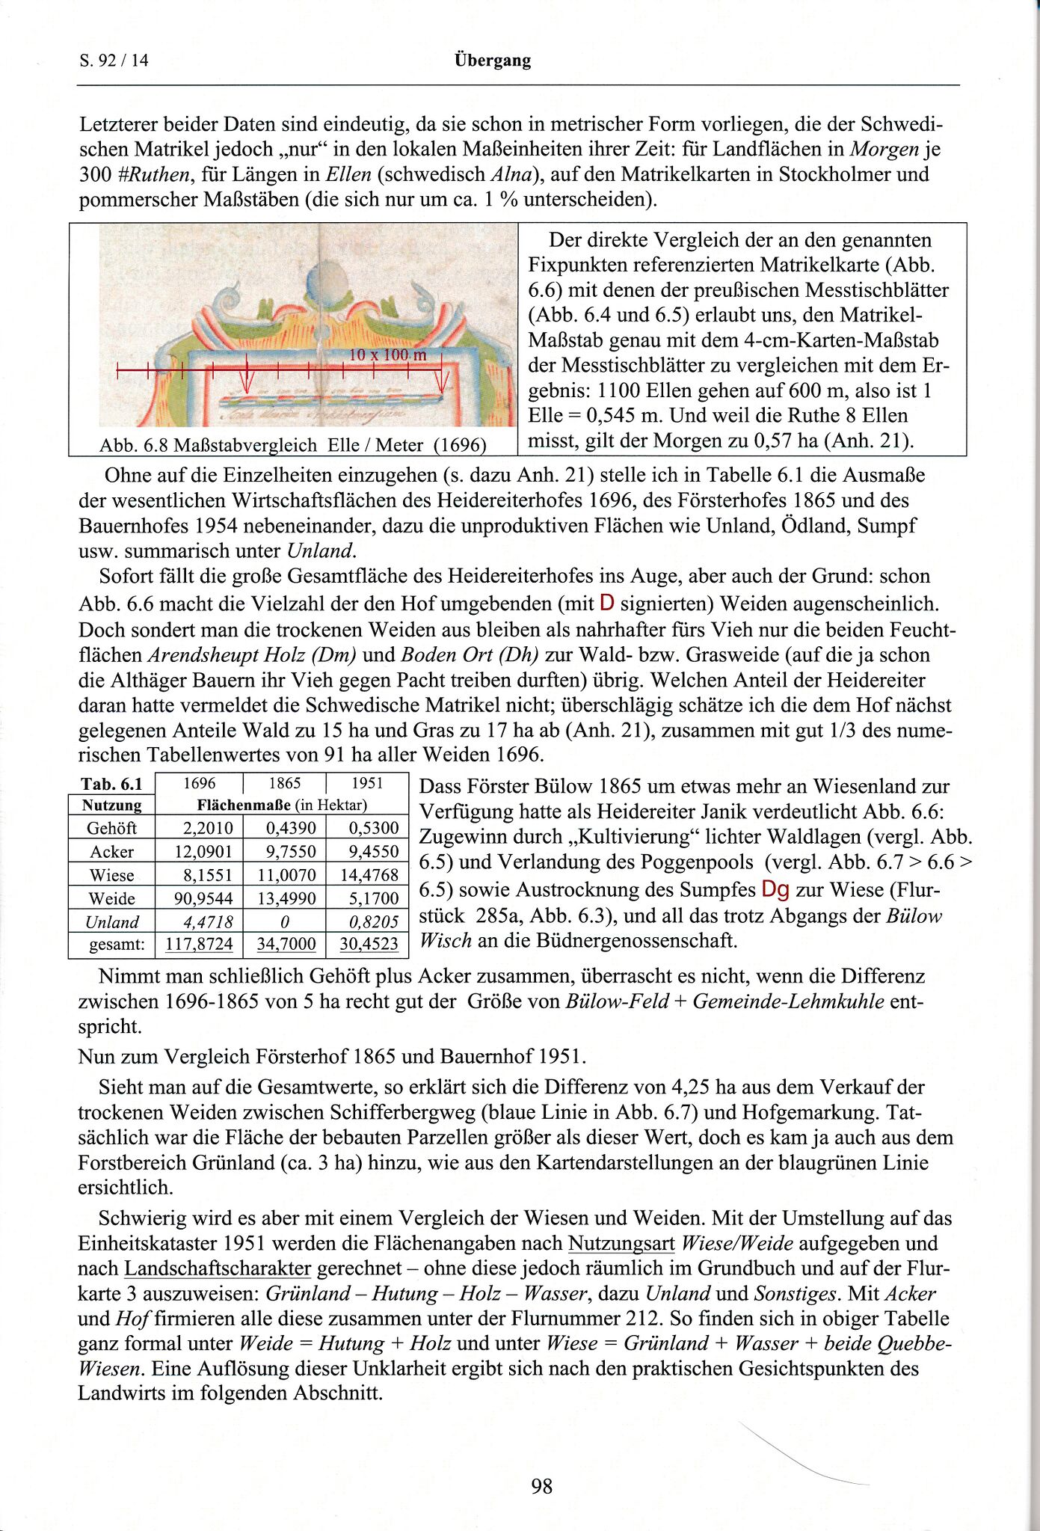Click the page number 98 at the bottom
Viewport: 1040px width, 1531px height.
541,1485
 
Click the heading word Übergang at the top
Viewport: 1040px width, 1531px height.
493,61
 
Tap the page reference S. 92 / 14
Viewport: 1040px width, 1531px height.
114,61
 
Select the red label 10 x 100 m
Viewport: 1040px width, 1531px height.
388,355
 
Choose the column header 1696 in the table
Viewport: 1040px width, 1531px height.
199,783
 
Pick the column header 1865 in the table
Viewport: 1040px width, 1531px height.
284,783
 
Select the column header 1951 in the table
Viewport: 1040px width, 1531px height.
367,783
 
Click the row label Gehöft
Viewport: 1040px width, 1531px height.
111,828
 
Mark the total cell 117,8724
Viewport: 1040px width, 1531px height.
199,945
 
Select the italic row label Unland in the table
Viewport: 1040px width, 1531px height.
111,922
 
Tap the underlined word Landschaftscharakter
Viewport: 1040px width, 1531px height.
218,1268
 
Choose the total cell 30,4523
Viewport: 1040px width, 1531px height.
369,945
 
